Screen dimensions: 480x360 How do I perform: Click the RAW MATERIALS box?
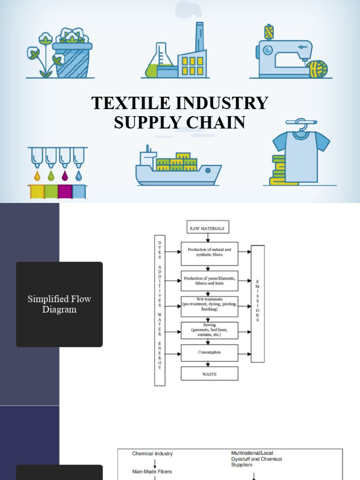pyautogui.click(x=208, y=228)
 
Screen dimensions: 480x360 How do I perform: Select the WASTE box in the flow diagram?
pyautogui.click(x=209, y=374)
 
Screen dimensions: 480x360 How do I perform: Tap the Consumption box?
pyautogui.click(x=209, y=352)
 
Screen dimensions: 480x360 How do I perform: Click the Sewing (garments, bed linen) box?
pyautogui.click(x=209, y=330)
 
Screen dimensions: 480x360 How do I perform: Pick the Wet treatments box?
pyautogui.click(x=209, y=306)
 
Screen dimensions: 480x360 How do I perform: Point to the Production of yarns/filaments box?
pyautogui.click(x=209, y=281)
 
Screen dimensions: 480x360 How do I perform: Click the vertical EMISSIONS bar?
pyautogui.click(x=258, y=304)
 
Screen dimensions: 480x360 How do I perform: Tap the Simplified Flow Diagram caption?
pyautogui.click(x=59, y=304)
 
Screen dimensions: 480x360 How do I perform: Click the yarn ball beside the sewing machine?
pyautogui.click(x=317, y=69)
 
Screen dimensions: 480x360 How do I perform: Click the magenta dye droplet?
pyautogui.click(x=65, y=176)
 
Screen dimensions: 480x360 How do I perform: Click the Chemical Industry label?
pyautogui.click(x=152, y=454)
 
